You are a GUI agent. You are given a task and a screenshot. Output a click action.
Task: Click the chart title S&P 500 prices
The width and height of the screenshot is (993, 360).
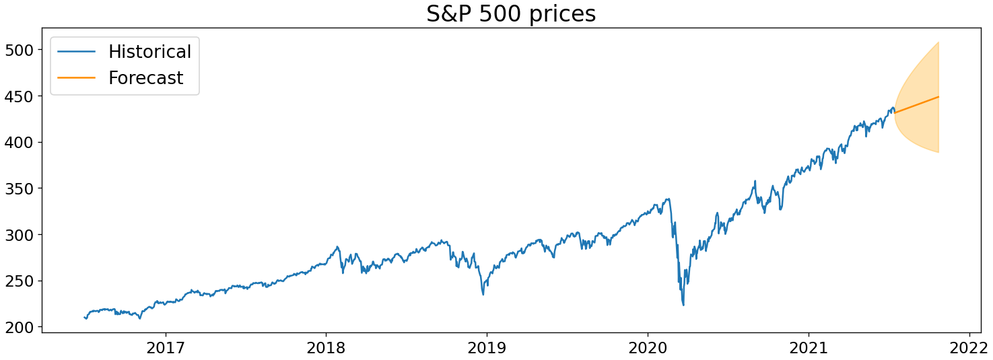tap(511, 13)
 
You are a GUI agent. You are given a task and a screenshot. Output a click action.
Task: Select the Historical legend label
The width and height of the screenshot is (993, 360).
tap(149, 51)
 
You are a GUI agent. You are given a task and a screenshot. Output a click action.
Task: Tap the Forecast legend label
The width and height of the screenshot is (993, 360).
tap(145, 78)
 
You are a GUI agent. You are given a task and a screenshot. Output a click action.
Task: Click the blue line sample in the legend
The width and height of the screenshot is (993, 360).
tap(76, 51)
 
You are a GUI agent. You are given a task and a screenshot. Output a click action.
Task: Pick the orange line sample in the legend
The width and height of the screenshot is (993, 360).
tap(76, 78)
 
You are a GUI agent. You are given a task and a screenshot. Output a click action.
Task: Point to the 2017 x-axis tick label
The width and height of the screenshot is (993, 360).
tap(166, 348)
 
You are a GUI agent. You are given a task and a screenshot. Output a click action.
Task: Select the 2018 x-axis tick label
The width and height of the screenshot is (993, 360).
tap(326, 348)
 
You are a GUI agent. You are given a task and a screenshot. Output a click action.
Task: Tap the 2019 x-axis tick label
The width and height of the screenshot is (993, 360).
tap(487, 348)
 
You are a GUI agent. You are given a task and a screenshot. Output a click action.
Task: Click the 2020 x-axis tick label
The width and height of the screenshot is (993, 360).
tap(648, 348)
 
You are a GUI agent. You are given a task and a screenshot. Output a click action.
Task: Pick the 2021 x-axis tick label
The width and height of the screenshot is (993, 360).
tap(809, 348)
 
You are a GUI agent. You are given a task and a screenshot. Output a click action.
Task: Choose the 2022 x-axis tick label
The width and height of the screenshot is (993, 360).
tap(969, 348)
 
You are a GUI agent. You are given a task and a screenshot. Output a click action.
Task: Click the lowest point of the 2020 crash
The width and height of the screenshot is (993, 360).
tap(683, 305)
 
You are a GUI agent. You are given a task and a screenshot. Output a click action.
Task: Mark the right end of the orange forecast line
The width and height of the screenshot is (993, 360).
tap(938, 97)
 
